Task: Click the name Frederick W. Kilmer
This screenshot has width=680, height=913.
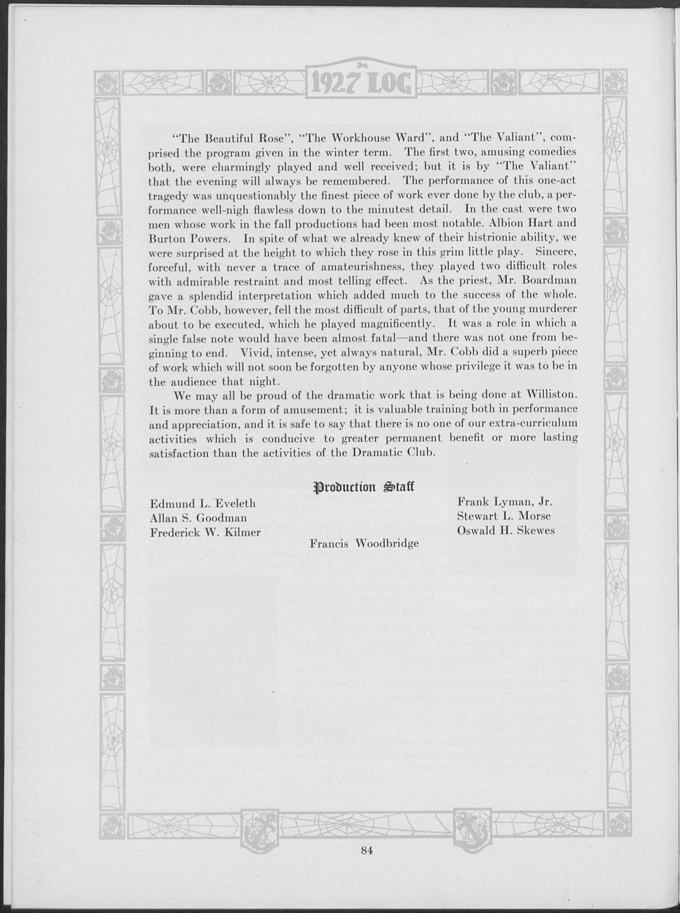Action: tap(205, 532)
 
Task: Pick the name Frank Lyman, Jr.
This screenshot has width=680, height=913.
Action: tap(504, 502)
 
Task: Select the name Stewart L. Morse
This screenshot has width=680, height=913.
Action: tap(504, 516)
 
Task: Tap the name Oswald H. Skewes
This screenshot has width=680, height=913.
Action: tap(506, 530)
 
